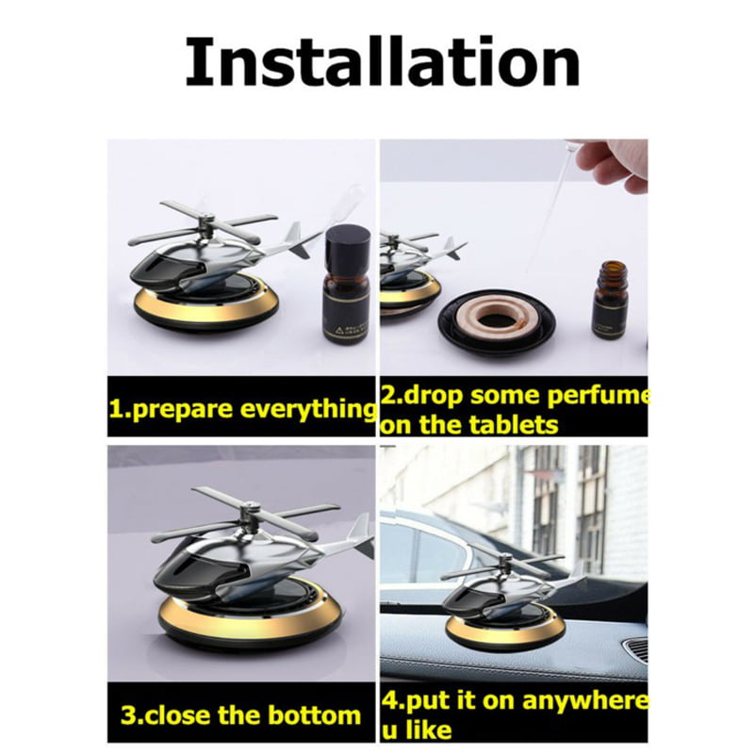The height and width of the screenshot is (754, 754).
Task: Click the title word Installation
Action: pyautogui.click(x=383, y=62)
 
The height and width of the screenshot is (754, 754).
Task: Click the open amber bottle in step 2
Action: pyautogui.click(x=611, y=303)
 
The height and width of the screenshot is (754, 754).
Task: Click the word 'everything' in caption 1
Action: pyautogui.click(x=308, y=409)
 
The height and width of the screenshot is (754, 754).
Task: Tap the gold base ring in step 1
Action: pyautogui.click(x=206, y=306)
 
